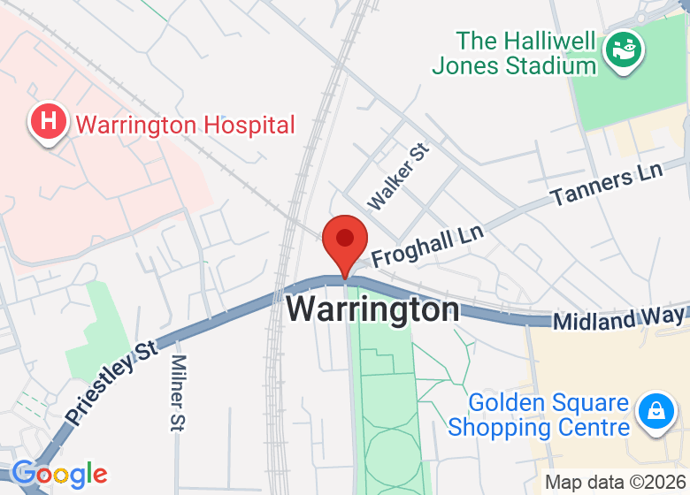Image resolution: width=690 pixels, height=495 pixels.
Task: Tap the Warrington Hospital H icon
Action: point(49,121)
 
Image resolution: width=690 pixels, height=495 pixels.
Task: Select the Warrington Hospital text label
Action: point(185,125)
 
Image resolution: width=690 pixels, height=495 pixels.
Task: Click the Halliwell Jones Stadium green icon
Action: point(625,52)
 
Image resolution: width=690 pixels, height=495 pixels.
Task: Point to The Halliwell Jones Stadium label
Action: point(514,53)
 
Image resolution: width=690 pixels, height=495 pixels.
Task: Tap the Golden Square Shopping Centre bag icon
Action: point(656,409)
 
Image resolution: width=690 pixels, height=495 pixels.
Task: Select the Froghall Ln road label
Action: point(427,247)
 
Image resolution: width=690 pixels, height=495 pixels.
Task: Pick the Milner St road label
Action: point(178,393)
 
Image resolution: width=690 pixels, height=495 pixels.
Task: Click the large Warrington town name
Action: point(373,310)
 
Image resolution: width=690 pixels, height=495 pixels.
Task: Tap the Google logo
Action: point(59,474)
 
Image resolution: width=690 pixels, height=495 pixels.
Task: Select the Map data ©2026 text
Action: point(615,483)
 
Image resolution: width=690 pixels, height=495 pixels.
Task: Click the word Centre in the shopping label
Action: point(590,428)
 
